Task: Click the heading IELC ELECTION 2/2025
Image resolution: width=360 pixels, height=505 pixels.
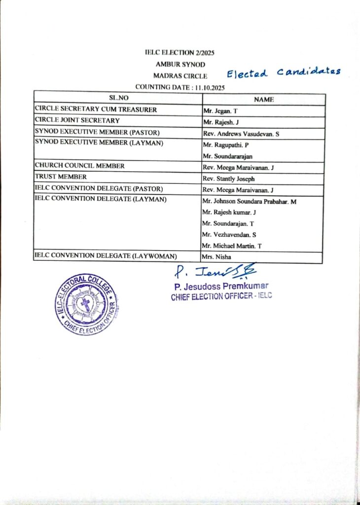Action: click(x=180, y=52)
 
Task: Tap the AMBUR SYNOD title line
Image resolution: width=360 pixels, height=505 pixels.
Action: click(x=180, y=64)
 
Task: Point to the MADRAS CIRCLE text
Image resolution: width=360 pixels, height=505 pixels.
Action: click(x=180, y=76)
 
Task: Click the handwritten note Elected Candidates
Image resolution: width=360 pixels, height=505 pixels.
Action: click(x=284, y=73)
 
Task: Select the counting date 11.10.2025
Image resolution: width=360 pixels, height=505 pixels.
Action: click(x=180, y=87)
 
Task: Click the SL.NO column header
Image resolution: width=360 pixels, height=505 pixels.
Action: click(x=118, y=99)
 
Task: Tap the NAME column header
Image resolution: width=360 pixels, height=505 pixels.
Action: click(x=263, y=100)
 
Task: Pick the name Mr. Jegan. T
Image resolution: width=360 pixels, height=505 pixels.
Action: click(x=220, y=111)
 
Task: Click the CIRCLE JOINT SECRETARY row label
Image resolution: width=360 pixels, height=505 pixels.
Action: click(x=77, y=120)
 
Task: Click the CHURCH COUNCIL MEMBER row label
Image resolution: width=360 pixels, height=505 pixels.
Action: click(x=79, y=166)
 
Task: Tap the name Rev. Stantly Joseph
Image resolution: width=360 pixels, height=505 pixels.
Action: click(x=228, y=179)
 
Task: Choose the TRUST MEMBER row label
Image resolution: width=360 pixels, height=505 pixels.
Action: click(x=61, y=177)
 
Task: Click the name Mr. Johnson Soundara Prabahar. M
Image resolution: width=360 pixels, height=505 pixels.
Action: click(x=249, y=201)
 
